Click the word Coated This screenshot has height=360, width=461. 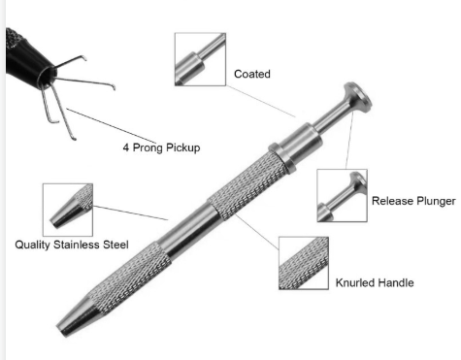click(252, 74)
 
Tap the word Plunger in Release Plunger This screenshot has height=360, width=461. click(435, 201)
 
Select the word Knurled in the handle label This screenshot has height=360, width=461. click(354, 282)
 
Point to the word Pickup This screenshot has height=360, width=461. click(182, 147)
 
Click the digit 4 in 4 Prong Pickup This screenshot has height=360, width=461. click(126, 147)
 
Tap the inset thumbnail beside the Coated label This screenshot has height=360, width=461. click(200, 59)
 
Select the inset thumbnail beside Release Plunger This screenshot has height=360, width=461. click(342, 195)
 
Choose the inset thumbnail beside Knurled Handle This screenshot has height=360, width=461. click(304, 263)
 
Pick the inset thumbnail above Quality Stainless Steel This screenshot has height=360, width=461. click(68, 210)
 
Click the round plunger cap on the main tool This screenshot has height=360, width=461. click(358, 97)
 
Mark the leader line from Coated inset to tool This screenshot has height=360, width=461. click(260, 101)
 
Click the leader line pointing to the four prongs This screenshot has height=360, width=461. click(111, 126)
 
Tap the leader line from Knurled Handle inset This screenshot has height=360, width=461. click(257, 232)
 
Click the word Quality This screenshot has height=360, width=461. click(32, 245)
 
